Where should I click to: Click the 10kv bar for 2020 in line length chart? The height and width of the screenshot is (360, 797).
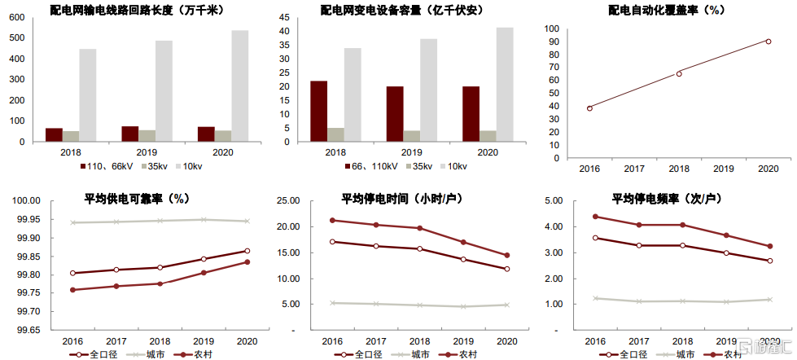click(x=239, y=86)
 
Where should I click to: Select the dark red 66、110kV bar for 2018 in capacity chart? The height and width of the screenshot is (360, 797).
click(x=319, y=111)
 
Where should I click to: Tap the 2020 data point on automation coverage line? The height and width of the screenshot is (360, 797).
click(x=768, y=41)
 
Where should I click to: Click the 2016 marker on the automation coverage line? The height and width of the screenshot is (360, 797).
click(x=589, y=108)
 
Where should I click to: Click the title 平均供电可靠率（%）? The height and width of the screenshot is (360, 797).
click(x=137, y=199)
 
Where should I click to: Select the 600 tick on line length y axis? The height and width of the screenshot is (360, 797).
click(x=16, y=17)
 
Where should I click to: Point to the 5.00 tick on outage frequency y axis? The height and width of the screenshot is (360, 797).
click(x=553, y=201)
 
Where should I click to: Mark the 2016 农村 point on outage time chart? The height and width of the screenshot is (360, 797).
click(x=332, y=220)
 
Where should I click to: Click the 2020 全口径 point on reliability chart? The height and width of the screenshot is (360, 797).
click(x=247, y=251)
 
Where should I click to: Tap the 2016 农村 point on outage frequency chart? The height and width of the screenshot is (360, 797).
click(x=595, y=217)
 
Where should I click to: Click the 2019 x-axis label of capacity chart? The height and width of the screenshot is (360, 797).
click(x=412, y=152)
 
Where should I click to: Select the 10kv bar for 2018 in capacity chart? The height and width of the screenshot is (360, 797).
click(x=353, y=94)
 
